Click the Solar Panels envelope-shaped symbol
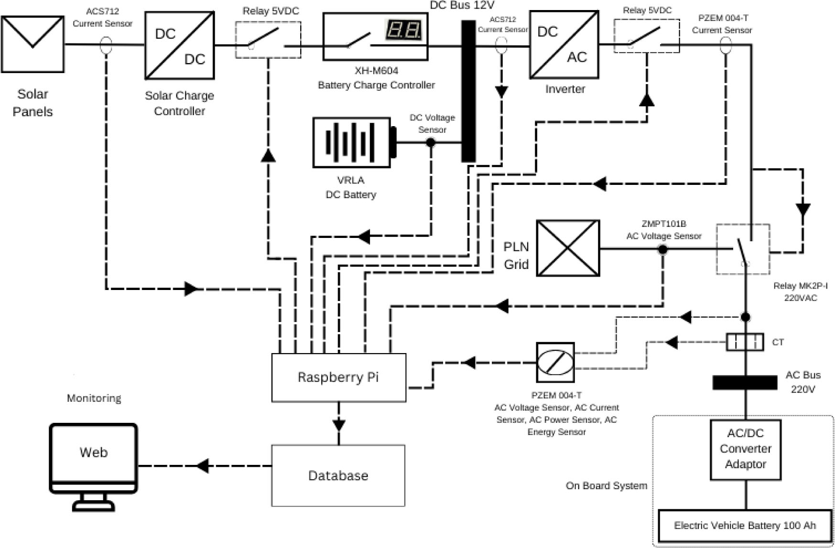point(33,44)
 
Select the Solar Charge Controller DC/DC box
point(180,45)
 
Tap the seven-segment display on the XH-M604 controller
point(403,30)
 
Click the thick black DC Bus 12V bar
point(468,91)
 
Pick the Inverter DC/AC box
point(564,44)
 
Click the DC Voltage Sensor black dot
point(431,142)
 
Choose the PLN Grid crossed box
point(568,248)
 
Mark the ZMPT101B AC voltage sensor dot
point(662,249)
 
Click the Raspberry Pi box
point(338,377)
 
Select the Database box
point(338,475)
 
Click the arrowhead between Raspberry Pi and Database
point(339,425)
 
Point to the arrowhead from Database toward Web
point(203,465)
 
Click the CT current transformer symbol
point(745,342)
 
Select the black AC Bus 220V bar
point(745,382)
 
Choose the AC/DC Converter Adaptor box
point(745,449)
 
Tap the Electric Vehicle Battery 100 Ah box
point(745,526)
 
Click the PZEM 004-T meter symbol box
point(555,362)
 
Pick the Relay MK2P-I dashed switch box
point(743,249)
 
